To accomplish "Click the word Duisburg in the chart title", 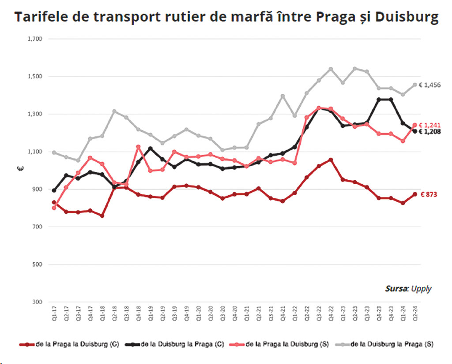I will pyautogui.click(x=407, y=17).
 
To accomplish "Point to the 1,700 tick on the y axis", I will pyautogui.click(x=34, y=39).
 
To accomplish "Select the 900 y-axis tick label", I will pyautogui.click(x=36, y=189).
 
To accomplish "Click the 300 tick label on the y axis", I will pyautogui.click(x=36, y=302).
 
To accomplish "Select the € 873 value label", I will pyautogui.click(x=429, y=194).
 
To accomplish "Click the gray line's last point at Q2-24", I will pyautogui.click(x=415, y=85).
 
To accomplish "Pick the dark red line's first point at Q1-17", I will pyautogui.click(x=54, y=202).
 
